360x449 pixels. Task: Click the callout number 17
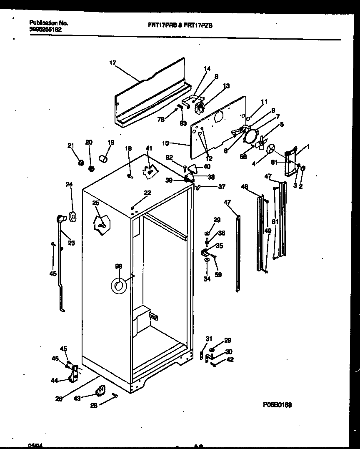click(112, 63)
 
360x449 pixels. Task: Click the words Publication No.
click(49, 23)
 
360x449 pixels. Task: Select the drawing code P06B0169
click(277, 404)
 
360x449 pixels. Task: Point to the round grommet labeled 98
click(118, 286)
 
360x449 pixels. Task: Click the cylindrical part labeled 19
click(104, 158)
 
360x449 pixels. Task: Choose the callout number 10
click(165, 143)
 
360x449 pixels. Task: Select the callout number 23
click(71, 243)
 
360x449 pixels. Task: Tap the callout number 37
click(221, 187)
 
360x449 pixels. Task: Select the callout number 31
click(209, 339)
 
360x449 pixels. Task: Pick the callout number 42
click(230, 359)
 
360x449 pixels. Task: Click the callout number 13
click(226, 86)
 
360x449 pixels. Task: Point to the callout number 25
click(95, 203)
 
